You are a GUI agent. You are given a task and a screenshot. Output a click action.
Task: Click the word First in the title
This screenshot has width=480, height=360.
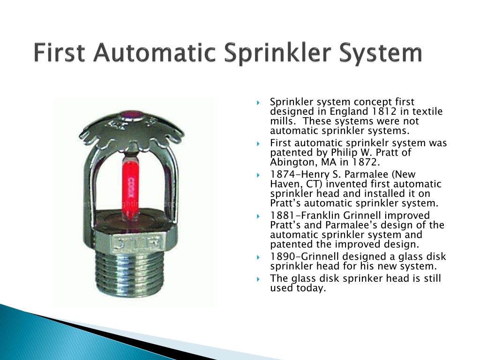pyautogui.click(x=60, y=53)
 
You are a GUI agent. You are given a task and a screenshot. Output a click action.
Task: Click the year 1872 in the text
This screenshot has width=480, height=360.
pyautogui.click(x=366, y=162)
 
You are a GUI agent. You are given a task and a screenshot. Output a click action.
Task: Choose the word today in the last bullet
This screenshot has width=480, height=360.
pyautogui.click(x=310, y=288)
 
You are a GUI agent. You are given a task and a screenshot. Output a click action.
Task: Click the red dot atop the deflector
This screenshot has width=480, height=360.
pyautogui.click(x=132, y=114)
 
